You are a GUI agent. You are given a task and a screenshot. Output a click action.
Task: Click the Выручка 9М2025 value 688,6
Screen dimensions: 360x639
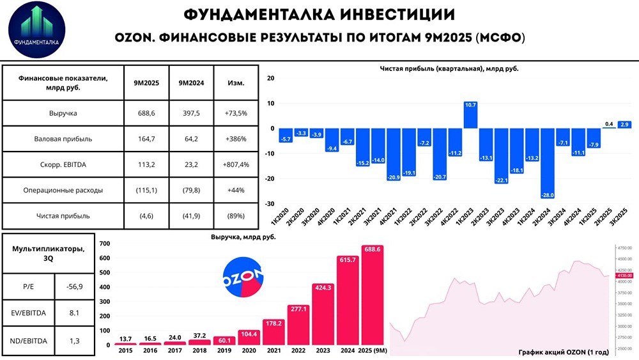[146, 113]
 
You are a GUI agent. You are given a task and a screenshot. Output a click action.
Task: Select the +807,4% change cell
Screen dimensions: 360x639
[236, 164]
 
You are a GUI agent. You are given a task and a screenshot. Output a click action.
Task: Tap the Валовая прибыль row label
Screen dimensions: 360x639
[63, 138]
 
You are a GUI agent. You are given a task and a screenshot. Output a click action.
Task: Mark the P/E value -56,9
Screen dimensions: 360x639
[72, 286]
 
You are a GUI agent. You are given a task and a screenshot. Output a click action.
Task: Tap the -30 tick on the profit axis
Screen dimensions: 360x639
[270, 204]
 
